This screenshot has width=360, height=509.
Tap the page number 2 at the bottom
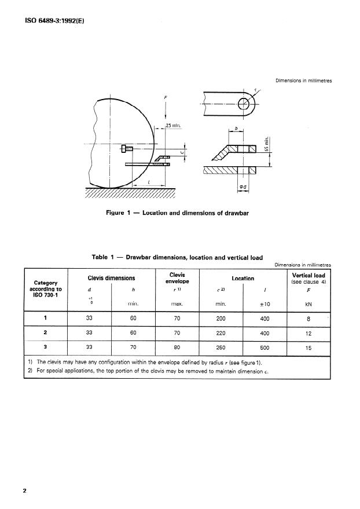(25, 491)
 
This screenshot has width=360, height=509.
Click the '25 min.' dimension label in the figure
(173, 125)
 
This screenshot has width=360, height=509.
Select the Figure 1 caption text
(177, 213)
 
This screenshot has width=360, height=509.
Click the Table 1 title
(177, 257)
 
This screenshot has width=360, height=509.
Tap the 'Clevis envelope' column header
(177, 278)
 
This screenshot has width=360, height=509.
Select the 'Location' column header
(243, 279)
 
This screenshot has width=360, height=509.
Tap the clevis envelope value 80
(177, 349)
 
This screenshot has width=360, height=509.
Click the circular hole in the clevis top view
(244, 103)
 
